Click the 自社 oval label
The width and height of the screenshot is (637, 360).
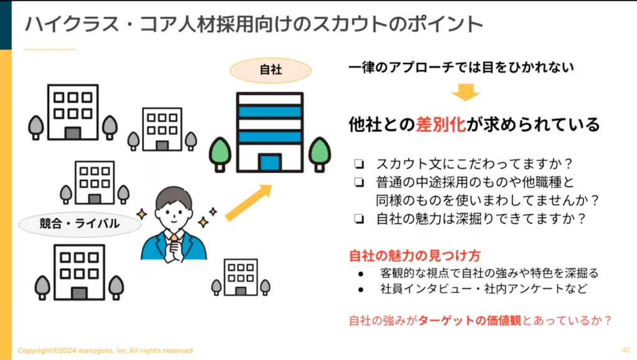tap(271, 70)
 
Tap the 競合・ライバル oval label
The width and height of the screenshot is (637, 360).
tap(80, 224)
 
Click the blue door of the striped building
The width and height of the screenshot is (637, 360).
tap(270, 162)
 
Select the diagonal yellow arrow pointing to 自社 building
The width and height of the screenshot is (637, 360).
tap(248, 203)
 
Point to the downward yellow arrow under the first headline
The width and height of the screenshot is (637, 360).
tap(465, 92)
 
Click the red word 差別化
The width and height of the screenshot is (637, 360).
tap(441, 124)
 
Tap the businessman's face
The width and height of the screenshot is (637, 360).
tap(174, 214)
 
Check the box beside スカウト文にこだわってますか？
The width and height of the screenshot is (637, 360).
tap(359, 164)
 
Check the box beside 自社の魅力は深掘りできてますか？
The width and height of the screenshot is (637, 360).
tap(359, 219)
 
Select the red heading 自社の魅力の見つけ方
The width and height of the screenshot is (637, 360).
tap(415, 256)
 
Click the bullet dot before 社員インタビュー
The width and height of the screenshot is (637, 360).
tap(361, 290)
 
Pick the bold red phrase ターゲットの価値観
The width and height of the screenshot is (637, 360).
tap(470, 321)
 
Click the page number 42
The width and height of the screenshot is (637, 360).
tap(626, 350)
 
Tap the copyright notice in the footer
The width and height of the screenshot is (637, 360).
tap(105, 350)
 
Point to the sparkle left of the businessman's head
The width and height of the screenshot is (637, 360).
tap(142, 214)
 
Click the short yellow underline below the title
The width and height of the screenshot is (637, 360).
tap(50, 50)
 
